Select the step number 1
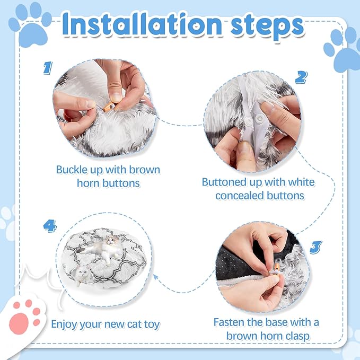click(x=48, y=68)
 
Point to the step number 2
click(x=301, y=77)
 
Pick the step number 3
click(x=315, y=247)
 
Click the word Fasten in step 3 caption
click(x=232, y=322)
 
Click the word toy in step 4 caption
click(x=151, y=323)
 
